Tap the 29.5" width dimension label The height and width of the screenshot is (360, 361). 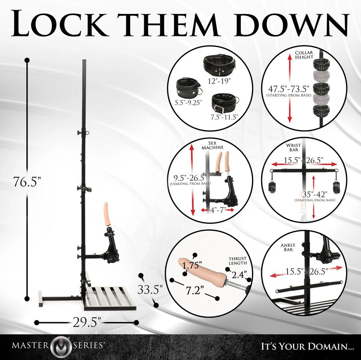pos(87,322)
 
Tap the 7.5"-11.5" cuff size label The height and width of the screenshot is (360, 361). pos(224,117)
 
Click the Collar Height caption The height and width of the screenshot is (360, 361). pos(304,55)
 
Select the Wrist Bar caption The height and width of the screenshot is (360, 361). pos(293,147)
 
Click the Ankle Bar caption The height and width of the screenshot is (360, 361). pos(288,247)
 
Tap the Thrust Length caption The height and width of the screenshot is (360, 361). pos(238,261)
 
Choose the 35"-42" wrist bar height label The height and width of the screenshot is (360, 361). pos(315,194)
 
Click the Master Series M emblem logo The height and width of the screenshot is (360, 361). pos(61,346)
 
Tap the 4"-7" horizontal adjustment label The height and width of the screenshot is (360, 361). pos(217,210)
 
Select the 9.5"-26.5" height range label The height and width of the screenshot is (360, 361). pos(190,178)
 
